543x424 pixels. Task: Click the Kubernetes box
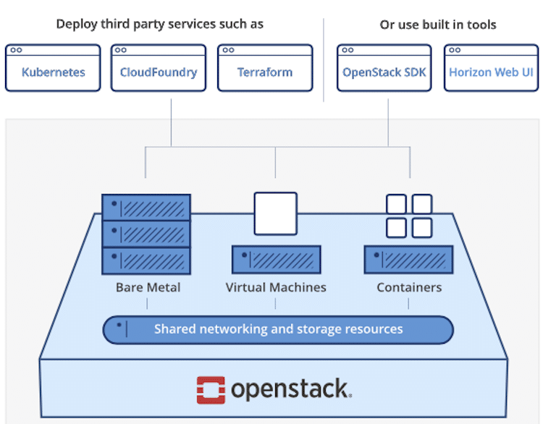pos(53,68)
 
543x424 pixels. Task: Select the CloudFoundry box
pos(159,68)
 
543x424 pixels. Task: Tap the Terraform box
pos(265,68)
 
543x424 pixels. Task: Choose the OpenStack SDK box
pos(384,68)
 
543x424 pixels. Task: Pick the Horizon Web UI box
pos(491,68)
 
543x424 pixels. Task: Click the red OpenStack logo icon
pos(211,390)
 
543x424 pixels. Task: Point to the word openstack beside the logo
pos(291,389)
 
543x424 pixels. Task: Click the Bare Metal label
pos(148,287)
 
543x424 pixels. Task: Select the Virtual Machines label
pos(276,287)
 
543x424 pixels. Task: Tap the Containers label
pos(409,287)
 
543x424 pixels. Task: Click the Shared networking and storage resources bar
pos(278,329)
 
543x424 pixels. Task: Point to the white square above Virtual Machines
pos(276,213)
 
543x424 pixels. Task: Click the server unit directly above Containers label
pos(408,260)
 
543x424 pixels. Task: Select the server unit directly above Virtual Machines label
pos(276,260)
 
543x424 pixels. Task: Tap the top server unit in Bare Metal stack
pos(146,208)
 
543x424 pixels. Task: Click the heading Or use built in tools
pos(438,25)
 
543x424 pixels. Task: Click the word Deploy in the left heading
pos(77,25)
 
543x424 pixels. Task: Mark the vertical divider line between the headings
pos(324,60)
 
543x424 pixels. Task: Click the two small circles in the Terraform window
pos(228,50)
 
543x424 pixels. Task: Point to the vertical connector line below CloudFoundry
pos(171,122)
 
